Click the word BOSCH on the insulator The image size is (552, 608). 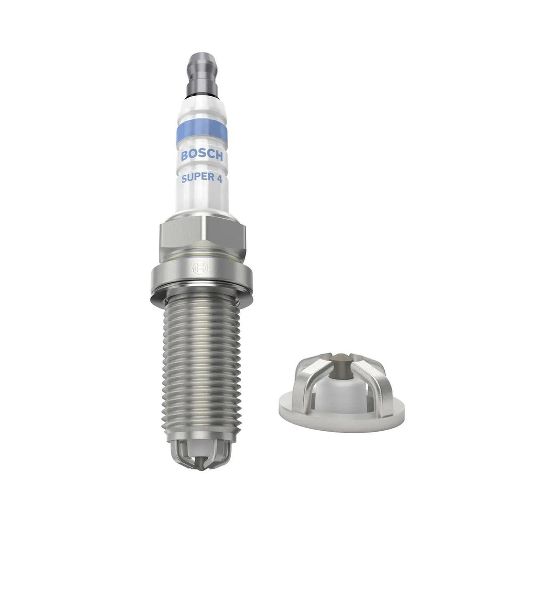pos(202,155)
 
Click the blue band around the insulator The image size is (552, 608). pos(201,133)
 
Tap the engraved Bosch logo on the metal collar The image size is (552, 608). pos(200,268)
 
